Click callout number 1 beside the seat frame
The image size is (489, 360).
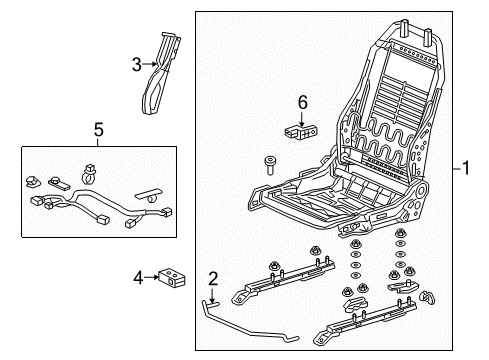[x=466, y=168]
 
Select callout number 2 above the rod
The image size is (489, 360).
[x=213, y=279]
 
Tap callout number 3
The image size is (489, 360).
[x=137, y=65]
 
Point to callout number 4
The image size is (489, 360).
[x=138, y=278]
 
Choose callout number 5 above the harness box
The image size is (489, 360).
[x=99, y=129]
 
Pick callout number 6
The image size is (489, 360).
[x=302, y=102]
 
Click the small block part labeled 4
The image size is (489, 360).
[x=172, y=277]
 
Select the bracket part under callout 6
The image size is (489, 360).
[x=301, y=133]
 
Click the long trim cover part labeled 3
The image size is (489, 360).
[x=160, y=74]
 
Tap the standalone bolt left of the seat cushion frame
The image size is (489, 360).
[x=270, y=165]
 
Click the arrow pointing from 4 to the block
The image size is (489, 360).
[x=151, y=277]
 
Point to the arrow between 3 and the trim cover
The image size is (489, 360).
[x=149, y=64]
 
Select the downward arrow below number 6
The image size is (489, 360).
[x=302, y=119]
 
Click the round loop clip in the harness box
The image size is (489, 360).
[x=89, y=174]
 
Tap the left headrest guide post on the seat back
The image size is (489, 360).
[x=404, y=28]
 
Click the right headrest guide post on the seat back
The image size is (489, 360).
[x=428, y=37]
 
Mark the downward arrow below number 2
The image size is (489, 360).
[x=212, y=295]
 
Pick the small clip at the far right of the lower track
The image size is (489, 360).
[x=428, y=297]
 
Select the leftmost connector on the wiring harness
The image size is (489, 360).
[x=35, y=201]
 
